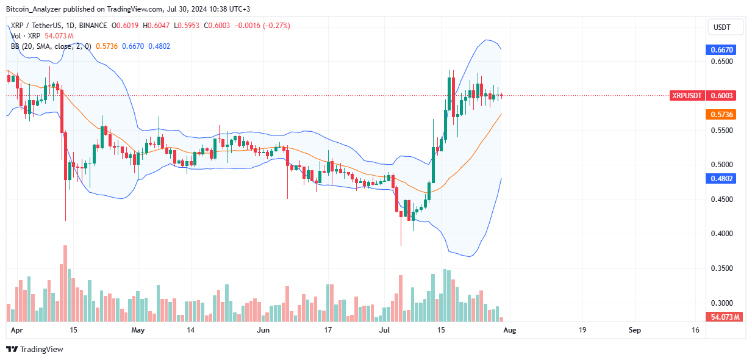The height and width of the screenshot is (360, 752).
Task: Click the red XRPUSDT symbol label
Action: click(x=687, y=95)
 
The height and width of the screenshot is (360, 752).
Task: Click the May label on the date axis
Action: click(x=138, y=330)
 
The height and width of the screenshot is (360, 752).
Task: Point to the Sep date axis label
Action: click(x=635, y=330)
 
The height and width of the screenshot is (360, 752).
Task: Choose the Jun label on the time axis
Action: click(x=263, y=330)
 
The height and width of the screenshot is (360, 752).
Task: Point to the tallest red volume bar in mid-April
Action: click(x=65, y=283)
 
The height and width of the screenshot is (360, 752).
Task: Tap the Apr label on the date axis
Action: click(x=16, y=330)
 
